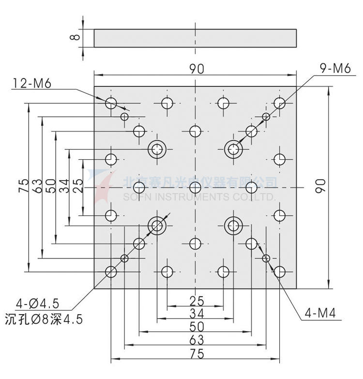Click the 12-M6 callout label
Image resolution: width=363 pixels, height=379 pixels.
click(x=31, y=83)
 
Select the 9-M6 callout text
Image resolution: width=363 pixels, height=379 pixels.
click(x=334, y=69)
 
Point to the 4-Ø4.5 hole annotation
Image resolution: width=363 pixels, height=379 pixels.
click(x=37, y=304)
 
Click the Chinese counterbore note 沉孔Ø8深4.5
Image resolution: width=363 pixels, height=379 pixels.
click(x=44, y=319)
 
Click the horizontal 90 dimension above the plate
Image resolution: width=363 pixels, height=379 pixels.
click(x=196, y=69)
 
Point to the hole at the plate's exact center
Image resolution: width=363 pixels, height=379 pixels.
click(x=195, y=187)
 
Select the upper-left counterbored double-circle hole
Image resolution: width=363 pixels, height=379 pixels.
click(x=157, y=149)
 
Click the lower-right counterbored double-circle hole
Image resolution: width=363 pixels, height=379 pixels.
click(x=234, y=225)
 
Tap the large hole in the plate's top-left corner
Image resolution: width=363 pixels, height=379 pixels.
click(x=111, y=103)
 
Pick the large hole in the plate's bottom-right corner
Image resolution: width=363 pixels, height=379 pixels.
click(x=279, y=272)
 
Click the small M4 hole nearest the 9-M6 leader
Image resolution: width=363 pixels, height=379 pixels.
click(x=266, y=116)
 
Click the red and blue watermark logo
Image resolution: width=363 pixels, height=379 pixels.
click(x=104, y=186)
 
